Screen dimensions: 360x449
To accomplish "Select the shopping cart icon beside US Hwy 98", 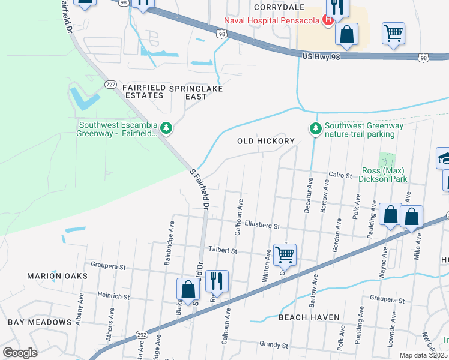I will click(x=393, y=34).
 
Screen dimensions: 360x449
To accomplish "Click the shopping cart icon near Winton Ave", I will click(x=285, y=254).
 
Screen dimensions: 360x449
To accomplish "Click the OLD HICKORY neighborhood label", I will click(x=266, y=141).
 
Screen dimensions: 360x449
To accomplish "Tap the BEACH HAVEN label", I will click(x=309, y=317).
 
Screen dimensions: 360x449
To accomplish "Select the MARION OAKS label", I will click(x=57, y=276).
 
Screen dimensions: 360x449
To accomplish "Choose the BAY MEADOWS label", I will click(x=40, y=322).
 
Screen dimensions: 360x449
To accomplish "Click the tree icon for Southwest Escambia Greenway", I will click(x=166, y=127).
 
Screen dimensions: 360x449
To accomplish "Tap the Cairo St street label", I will click(x=339, y=175).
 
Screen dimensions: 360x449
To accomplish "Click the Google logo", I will click(x=20, y=353).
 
